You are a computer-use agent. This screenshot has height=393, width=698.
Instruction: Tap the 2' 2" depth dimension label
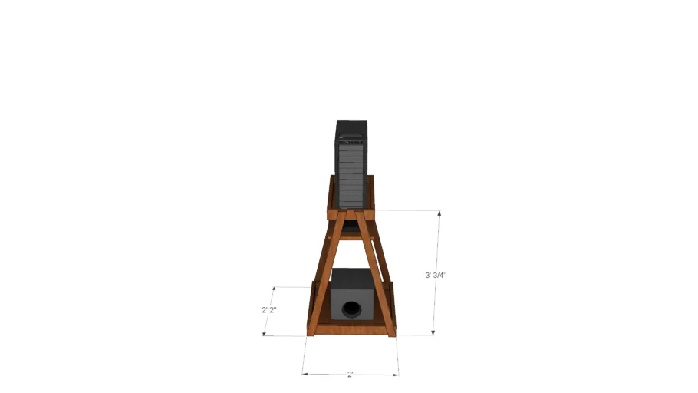click(x=268, y=310)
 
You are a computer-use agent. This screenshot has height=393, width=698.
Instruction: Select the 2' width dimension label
click(x=351, y=375)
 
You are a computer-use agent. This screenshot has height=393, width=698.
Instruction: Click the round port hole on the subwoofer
click(x=351, y=309)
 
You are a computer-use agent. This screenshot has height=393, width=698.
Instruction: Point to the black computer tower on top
click(x=351, y=169)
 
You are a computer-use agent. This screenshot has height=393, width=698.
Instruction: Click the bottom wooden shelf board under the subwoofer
click(x=351, y=329)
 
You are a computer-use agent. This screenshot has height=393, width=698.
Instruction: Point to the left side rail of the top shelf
click(x=331, y=196)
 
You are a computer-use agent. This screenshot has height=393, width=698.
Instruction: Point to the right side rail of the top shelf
click(x=370, y=196)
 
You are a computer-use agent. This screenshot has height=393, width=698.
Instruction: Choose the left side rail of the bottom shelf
click(x=311, y=307)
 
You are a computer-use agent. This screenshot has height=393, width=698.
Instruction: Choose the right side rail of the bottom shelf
click(x=391, y=307)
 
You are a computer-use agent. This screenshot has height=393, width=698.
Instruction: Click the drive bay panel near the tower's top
click(x=351, y=141)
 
